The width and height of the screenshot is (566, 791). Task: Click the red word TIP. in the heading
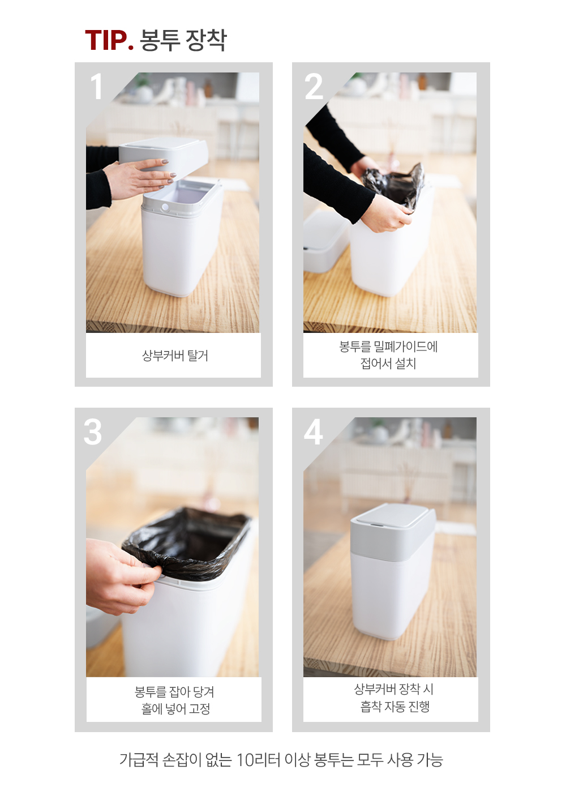click(x=109, y=40)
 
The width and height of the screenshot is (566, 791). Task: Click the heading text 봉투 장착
click(x=183, y=40)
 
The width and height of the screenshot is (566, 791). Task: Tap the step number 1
click(x=96, y=87)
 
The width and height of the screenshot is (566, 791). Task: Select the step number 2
click(x=314, y=87)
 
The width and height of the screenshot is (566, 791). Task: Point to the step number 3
click(x=93, y=432)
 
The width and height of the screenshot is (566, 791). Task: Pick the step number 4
click(x=313, y=432)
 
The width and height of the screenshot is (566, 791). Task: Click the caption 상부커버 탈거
click(x=175, y=356)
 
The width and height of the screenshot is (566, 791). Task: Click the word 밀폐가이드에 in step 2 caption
click(x=406, y=347)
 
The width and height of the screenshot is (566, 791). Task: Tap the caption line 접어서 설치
click(x=388, y=364)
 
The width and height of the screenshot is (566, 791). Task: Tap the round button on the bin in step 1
click(x=165, y=207)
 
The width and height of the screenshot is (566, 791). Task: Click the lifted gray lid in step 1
click(x=164, y=155)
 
